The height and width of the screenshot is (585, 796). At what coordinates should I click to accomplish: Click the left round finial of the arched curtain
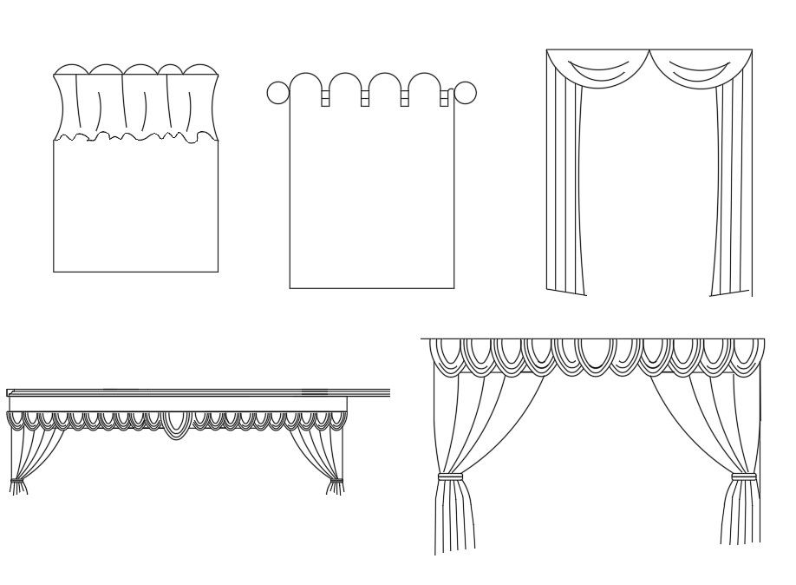coord(277,93)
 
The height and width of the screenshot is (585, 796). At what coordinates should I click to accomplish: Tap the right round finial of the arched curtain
coord(466,93)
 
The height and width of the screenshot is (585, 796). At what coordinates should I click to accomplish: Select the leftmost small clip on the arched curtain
coord(326,98)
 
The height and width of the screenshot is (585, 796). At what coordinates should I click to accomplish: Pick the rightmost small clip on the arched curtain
coord(444,98)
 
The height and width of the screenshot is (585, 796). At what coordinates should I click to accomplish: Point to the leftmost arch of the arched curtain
coord(307,83)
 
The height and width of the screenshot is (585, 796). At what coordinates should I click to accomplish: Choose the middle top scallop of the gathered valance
coord(136,71)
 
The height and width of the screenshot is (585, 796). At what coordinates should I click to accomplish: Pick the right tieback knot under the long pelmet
coord(336,480)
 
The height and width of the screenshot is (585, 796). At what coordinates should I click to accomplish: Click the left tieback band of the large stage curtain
coord(449,477)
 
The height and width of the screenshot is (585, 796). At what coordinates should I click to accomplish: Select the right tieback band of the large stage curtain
coord(744,477)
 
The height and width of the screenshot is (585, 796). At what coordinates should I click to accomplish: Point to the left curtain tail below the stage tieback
coord(453,516)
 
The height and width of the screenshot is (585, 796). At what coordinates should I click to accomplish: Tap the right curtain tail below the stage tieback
coord(740,514)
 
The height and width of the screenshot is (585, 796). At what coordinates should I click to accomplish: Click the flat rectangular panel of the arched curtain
coord(371,200)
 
